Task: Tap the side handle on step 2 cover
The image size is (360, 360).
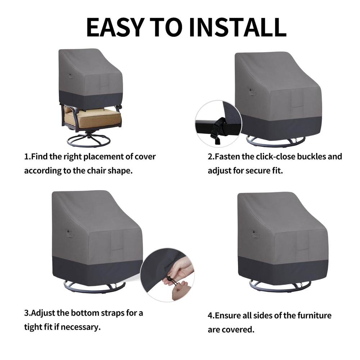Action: coord(252,91)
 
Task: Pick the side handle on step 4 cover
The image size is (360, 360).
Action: coord(255,234)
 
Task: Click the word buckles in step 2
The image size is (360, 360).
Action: coord(311,157)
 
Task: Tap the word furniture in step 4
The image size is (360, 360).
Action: coord(314,316)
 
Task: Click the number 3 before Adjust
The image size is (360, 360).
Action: coord(27,313)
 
